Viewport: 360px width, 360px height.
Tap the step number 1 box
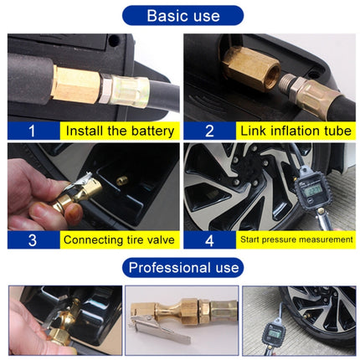tap(32, 131)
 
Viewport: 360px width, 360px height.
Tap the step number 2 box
tap(209, 131)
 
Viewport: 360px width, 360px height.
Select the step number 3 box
tap(32, 239)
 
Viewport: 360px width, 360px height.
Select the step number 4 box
tap(209, 239)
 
